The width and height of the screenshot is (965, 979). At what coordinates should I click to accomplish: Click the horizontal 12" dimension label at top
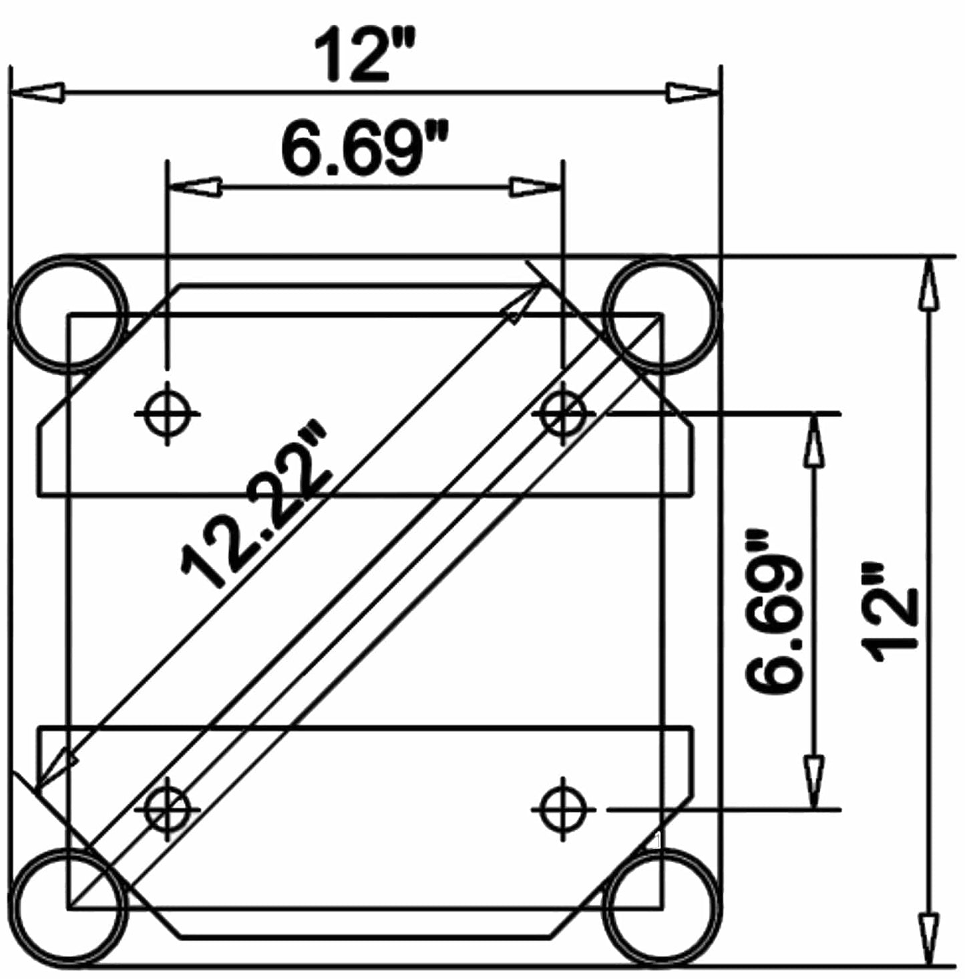(x=366, y=54)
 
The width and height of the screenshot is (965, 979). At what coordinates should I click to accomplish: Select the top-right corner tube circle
(x=661, y=313)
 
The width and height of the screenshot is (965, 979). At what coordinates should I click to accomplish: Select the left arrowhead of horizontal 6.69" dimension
(x=195, y=188)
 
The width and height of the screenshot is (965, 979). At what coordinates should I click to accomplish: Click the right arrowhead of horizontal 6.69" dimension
(x=535, y=188)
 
